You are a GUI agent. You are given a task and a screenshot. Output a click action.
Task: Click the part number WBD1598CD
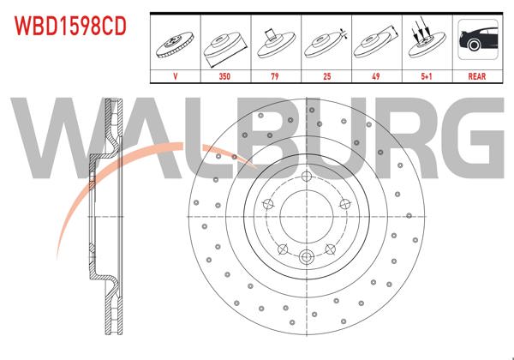(69, 27)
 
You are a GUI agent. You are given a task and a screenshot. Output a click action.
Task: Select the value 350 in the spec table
(224, 75)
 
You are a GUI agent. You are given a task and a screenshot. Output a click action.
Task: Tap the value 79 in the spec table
(275, 75)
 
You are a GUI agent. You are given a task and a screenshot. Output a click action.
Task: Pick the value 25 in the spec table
(326, 75)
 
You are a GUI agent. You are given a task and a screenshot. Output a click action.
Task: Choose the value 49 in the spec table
(375, 75)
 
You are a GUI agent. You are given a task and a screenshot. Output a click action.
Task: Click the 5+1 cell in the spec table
(426, 75)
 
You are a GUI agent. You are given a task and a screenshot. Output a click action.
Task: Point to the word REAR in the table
(476, 75)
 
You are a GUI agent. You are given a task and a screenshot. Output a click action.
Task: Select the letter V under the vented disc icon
(175, 75)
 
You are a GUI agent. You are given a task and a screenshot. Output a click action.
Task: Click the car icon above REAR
(476, 41)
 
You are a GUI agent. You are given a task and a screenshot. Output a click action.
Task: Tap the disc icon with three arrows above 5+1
(426, 41)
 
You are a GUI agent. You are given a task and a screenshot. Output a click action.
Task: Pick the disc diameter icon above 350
(224, 41)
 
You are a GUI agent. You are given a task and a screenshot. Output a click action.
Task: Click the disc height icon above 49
(375, 41)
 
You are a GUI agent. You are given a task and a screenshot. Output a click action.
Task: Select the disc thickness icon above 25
(326, 41)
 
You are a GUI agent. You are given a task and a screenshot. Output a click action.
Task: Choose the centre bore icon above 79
(275, 41)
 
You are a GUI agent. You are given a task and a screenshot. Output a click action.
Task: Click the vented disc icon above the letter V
(175, 41)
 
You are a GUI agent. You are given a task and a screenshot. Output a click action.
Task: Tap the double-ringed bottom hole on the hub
(306, 255)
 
